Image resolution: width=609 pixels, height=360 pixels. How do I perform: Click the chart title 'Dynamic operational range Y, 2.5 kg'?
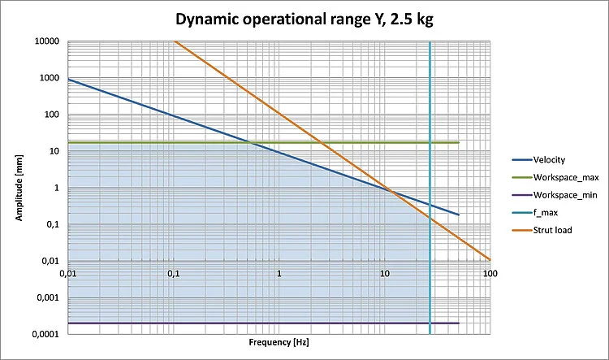[305, 20]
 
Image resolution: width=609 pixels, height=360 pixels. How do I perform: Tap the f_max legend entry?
[549, 213]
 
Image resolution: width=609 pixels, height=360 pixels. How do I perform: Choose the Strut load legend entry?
[553, 230]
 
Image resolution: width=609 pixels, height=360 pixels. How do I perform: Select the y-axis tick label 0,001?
[50, 298]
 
